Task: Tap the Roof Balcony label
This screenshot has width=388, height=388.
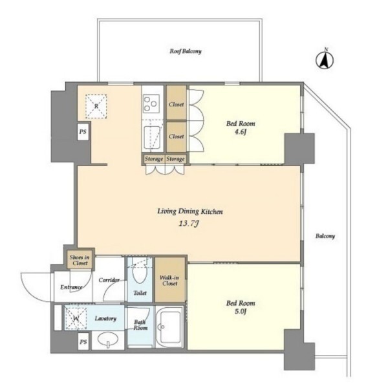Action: pyautogui.click(x=186, y=51)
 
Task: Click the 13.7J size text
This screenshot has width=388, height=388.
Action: pyautogui.click(x=189, y=224)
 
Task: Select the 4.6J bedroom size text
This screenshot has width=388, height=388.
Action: pyautogui.click(x=240, y=132)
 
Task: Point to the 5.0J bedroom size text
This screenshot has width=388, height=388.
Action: pyautogui.click(x=240, y=311)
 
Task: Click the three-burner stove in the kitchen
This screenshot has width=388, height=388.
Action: pyautogui.click(x=151, y=103)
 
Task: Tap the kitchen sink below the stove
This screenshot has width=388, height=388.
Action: pyautogui.click(x=152, y=138)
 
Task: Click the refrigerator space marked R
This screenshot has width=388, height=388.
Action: pyautogui.click(x=96, y=106)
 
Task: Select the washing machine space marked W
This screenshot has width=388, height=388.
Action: pyautogui.click(x=76, y=318)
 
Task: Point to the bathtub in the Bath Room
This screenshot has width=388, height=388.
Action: pyautogui.click(x=169, y=327)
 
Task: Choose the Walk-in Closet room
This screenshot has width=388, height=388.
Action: pyautogui.click(x=170, y=279)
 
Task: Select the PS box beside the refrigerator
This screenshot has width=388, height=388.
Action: pyautogui.click(x=83, y=131)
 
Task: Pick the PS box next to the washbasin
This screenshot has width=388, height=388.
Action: pyautogui.click(x=83, y=341)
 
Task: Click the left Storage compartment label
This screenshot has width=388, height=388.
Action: pyautogui.click(x=154, y=159)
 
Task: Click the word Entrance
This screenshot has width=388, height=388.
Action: pyautogui.click(x=71, y=287)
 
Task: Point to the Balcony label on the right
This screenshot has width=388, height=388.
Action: pyautogui.click(x=325, y=236)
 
